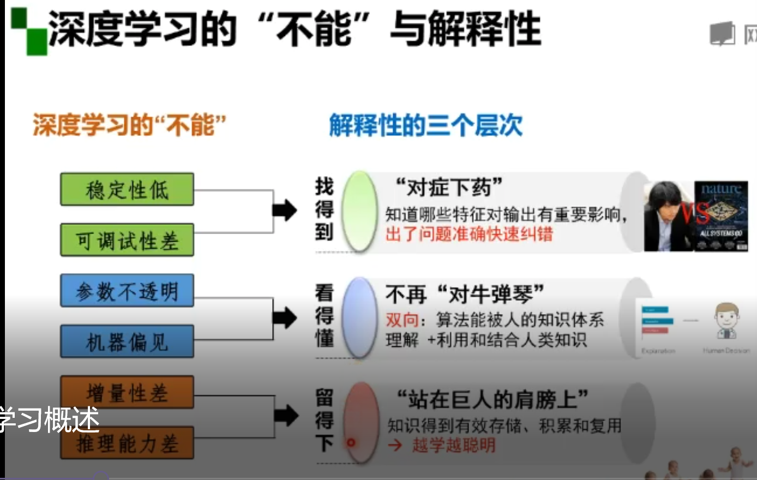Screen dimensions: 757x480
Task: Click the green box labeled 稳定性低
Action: click(127, 189)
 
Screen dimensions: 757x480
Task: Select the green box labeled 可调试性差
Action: click(127, 240)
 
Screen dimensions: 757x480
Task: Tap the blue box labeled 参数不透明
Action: click(127, 291)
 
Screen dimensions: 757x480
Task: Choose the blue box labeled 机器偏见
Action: click(127, 341)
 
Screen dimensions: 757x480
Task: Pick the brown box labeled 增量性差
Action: click(127, 392)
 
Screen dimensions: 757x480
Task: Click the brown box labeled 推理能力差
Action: click(127, 443)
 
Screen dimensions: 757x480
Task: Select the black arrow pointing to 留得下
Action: click(285, 416)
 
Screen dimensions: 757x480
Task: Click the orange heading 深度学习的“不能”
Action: click(129, 125)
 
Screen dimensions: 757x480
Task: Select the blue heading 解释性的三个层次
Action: click(425, 125)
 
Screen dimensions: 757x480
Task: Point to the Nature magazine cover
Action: click(722, 216)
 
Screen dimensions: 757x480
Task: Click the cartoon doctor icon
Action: click(726, 322)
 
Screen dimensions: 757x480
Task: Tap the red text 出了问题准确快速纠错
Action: click(469, 234)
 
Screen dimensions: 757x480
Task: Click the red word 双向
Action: click(402, 320)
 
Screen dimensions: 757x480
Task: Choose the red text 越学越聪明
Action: click(454, 445)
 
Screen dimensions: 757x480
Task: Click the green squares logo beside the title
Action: click(29, 32)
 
